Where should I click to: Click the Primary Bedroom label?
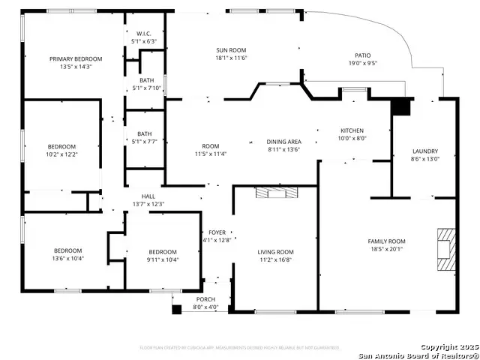(75, 58)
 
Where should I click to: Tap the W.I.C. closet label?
(144, 34)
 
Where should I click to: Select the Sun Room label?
(231, 49)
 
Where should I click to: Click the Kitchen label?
(352, 130)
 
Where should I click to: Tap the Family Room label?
(386, 241)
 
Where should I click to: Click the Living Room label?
(275, 252)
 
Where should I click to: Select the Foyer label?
(217, 232)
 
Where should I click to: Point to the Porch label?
(206, 299)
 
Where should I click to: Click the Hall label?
(148, 196)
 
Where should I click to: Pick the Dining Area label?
(283, 141)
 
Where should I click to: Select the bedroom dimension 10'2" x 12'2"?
(62, 154)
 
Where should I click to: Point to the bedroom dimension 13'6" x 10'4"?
(67, 258)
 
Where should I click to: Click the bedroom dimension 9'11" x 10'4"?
(162, 259)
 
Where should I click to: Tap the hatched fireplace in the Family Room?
(445, 247)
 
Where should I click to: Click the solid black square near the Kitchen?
(402, 107)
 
